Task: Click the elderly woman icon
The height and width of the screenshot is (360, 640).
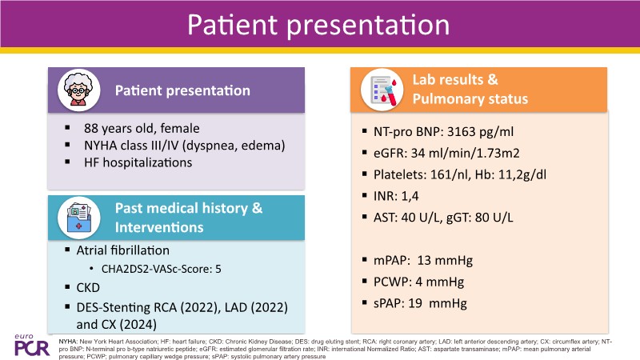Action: [78, 90]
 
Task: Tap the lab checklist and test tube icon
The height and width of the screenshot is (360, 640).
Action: [382, 90]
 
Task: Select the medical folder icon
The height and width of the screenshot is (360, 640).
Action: [78, 218]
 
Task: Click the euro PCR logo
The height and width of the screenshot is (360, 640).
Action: [32, 346]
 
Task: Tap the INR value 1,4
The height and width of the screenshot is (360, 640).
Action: [410, 196]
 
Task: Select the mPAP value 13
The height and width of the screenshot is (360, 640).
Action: [424, 261]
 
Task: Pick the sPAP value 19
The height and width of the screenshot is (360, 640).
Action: [415, 303]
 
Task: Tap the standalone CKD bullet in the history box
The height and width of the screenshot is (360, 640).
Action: [88, 288]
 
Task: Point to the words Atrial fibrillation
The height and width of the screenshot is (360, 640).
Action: [123, 250]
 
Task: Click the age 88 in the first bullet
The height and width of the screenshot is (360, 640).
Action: [91, 128]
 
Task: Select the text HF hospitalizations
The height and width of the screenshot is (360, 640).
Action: [138, 162]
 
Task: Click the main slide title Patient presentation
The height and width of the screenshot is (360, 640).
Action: [318, 25]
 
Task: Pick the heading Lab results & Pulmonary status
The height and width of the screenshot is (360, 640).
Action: [470, 89]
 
